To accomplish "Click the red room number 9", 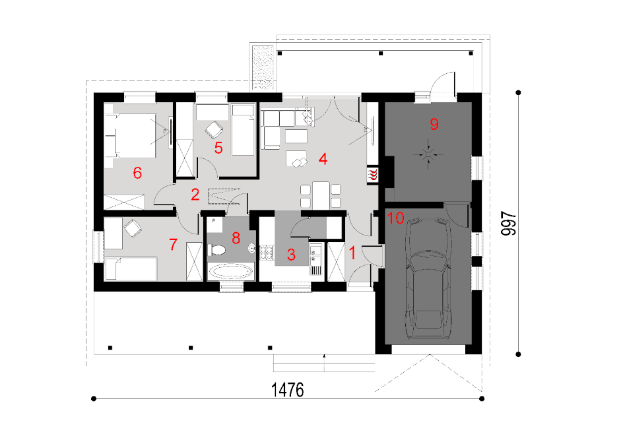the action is click(x=434, y=124).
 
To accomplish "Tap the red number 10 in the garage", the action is click(x=395, y=218).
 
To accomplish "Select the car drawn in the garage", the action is click(x=428, y=278).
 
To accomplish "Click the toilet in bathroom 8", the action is click(x=216, y=250).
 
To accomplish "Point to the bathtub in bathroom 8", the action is click(x=231, y=271).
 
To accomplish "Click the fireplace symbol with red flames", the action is click(x=373, y=175).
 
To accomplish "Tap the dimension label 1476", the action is click(x=287, y=390).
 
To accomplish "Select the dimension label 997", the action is click(x=509, y=224).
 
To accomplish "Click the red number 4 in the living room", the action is click(x=323, y=159).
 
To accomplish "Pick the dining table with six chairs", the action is click(x=321, y=195).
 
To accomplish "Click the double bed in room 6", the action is click(x=130, y=135).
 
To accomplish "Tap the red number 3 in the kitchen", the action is click(x=291, y=255).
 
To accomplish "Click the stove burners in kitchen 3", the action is click(x=267, y=253).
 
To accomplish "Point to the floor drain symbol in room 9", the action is click(x=428, y=154).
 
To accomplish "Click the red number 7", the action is click(x=173, y=245).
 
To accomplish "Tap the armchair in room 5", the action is click(x=214, y=129).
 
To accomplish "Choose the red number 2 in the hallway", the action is click(x=195, y=195).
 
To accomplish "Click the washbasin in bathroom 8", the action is click(x=252, y=249).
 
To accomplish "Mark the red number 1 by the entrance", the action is click(x=352, y=253).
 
